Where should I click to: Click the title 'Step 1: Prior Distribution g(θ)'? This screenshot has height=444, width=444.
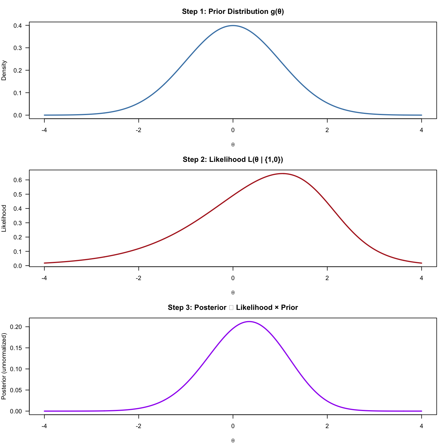tap(233, 12)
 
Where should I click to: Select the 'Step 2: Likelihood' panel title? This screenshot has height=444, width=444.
tap(233, 160)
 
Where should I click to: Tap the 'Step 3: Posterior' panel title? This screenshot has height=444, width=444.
tap(233, 308)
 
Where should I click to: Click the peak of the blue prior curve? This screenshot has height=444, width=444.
tap(233, 26)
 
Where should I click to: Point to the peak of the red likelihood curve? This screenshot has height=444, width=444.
tap(282, 174)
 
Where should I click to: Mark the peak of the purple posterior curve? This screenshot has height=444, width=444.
tap(249, 322)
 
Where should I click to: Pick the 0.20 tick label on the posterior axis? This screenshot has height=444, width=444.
tap(16, 327)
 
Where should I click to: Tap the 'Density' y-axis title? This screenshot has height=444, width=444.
tap(4, 70)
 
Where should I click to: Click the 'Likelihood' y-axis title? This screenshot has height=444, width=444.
tap(4, 218)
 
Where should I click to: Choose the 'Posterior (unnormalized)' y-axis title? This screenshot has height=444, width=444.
tap(4, 366)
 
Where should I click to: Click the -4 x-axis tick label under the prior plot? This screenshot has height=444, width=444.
tap(44, 130)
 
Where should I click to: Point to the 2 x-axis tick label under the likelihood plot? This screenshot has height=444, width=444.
tap(327, 278)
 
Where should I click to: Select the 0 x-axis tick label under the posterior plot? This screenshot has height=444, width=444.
tap(233, 426)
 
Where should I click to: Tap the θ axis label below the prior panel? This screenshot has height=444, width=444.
tap(233, 145)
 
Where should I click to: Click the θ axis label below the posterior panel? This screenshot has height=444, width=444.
tap(233, 441)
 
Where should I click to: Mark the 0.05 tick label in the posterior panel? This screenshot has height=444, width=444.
tap(16, 390)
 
